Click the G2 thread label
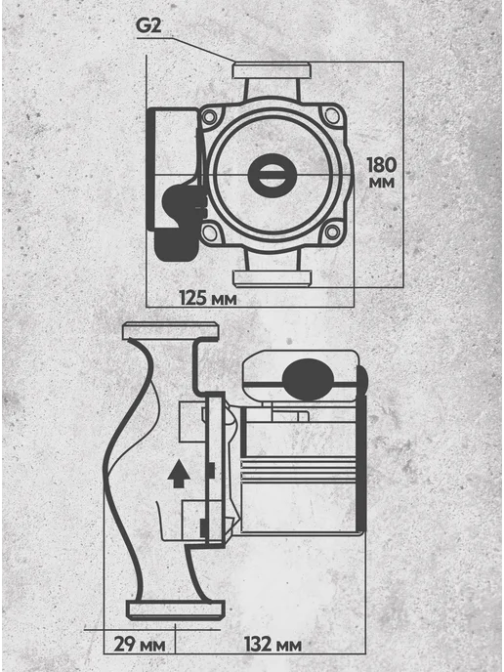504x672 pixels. click(148, 25)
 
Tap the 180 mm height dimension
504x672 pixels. click(382, 173)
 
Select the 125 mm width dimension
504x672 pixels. click(208, 298)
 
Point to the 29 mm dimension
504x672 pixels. click(140, 645)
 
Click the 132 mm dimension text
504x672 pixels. click(273, 645)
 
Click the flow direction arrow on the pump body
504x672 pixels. click(179, 474)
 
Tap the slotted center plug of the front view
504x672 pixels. click(273, 176)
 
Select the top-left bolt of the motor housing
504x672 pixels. click(210, 116)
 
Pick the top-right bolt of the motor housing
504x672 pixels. click(332, 115)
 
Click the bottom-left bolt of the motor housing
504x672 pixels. click(210, 232)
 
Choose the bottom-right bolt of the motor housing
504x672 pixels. click(332, 231)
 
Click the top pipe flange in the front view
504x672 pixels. click(272, 70)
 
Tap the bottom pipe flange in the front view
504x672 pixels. click(272, 278)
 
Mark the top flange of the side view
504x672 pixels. click(171, 331)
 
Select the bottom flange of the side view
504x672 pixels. click(176, 609)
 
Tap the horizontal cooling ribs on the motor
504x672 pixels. click(299, 470)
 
